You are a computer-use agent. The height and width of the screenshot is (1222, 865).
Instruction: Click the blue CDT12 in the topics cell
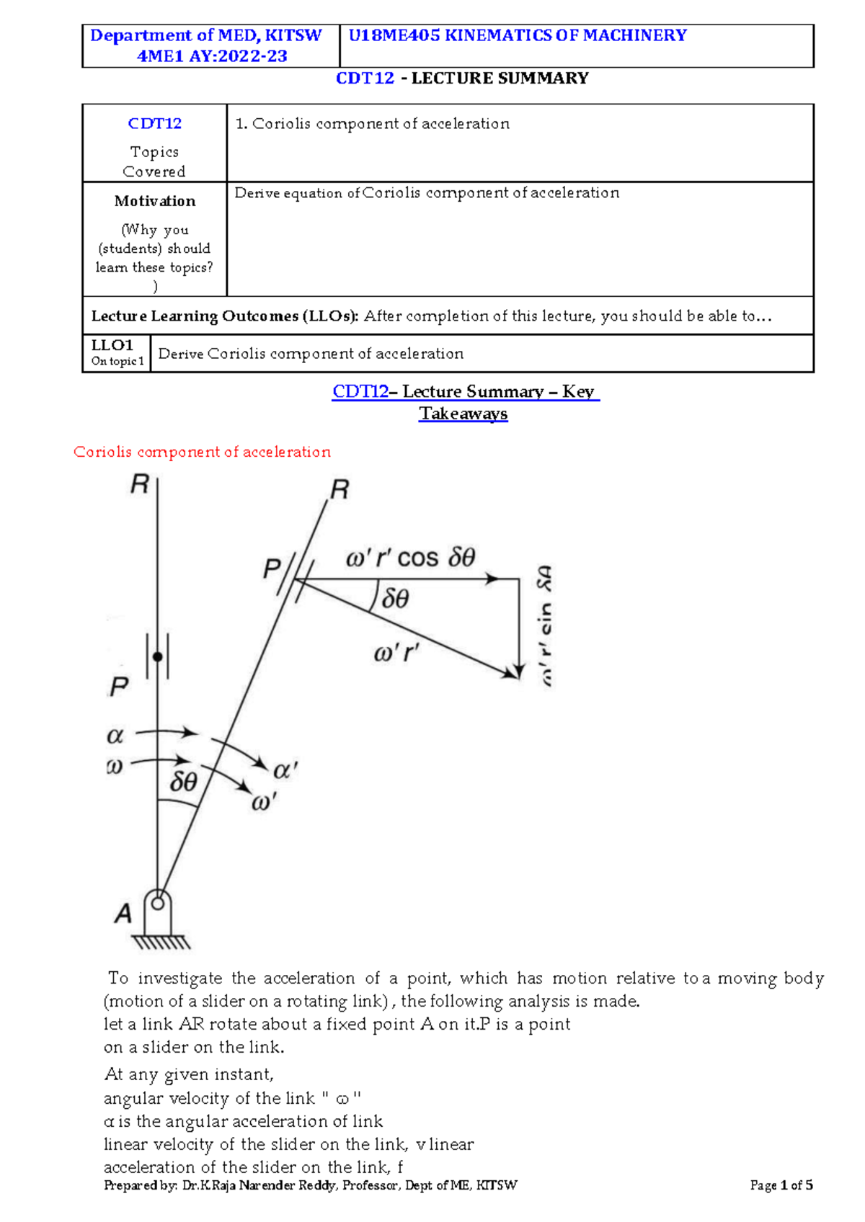pyautogui.click(x=154, y=123)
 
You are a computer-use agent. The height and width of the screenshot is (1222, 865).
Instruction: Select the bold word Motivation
pyautogui.click(x=154, y=201)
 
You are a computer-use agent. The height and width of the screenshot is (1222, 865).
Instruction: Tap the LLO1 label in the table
pyautogui.click(x=112, y=345)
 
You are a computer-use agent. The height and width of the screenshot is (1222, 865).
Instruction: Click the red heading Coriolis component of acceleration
pyautogui.click(x=202, y=452)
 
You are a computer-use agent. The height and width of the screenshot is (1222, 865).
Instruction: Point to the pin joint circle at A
pyautogui.click(x=158, y=902)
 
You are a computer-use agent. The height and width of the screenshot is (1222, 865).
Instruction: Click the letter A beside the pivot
pyautogui.click(x=123, y=914)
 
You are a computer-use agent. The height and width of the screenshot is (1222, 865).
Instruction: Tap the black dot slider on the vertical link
pyautogui.click(x=158, y=656)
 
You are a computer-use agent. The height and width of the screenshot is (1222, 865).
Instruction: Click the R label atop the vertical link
pyautogui.click(x=139, y=484)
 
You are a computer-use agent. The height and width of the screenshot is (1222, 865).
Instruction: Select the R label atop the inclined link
pyautogui.click(x=340, y=490)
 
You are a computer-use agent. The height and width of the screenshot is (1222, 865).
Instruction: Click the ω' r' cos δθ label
pyautogui.click(x=410, y=558)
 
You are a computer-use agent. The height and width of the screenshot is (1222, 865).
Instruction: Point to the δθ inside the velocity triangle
pyautogui.click(x=395, y=598)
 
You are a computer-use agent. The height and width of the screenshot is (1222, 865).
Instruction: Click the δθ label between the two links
pyautogui.click(x=183, y=782)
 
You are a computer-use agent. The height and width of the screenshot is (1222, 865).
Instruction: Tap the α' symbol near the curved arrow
pyautogui.click(x=285, y=770)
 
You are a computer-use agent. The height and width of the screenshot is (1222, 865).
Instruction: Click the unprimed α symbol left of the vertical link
pyautogui.click(x=115, y=736)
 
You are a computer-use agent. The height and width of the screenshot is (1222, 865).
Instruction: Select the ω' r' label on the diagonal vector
pyautogui.click(x=396, y=654)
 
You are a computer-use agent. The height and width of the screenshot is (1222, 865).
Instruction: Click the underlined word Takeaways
pyautogui.click(x=463, y=414)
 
